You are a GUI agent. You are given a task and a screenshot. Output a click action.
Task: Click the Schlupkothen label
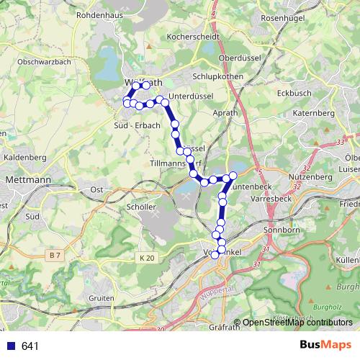[216, 74]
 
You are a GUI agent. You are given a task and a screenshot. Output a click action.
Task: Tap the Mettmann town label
[27, 178]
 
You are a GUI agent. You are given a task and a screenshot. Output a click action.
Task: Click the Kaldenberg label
[24, 156]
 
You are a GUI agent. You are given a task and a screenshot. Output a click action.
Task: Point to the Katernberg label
[313, 114]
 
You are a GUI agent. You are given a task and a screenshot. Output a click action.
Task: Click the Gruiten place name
[102, 298]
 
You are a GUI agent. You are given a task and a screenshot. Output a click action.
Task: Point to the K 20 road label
[148, 258]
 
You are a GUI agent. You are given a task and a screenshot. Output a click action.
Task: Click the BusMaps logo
[325, 346]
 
